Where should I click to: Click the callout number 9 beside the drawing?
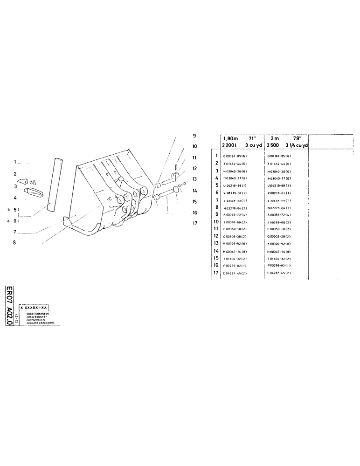tap(194, 136)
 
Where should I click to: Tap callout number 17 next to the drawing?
tap(195, 223)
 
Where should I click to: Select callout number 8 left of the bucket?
tap(15, 242)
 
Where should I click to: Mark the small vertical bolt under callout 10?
tap(173, 166)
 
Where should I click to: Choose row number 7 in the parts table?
tap(217, 200)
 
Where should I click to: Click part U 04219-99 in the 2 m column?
tap(279, 185)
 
